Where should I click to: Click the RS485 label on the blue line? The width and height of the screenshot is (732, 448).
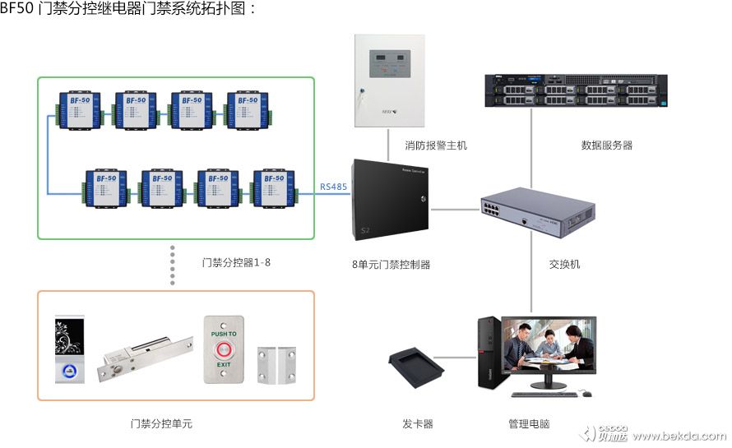[x=334, y=187]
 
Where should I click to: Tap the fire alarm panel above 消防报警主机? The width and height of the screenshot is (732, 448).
[x=390, y=81]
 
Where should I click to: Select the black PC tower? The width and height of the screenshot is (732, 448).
[x=488, y=354]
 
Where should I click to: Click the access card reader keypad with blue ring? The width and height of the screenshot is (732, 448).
[x=69, y=349]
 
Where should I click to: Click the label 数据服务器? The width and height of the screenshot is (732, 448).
[x=606, y=145]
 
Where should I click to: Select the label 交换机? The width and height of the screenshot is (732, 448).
[x=564, y=265]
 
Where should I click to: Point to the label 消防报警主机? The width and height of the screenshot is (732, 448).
[x=436, y=145]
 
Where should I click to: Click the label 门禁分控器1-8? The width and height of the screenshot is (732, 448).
[x=236, y=263]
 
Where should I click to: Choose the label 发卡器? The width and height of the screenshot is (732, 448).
[x=417, y=424]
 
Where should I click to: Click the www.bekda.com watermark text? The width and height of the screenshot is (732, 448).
[x=679, y=436]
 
